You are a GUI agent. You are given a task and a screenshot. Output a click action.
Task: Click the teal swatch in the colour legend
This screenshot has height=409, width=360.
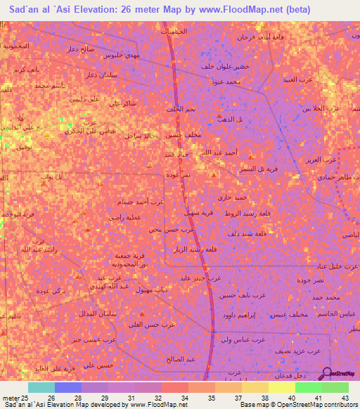pyautogui.click(x=41, y=387)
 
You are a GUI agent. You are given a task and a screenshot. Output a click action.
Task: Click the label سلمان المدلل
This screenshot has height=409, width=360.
pyautogui.click(x=103, y=313)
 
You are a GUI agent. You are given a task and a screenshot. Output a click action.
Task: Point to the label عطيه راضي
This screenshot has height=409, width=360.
pyautogui.click(x=125, y=217)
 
